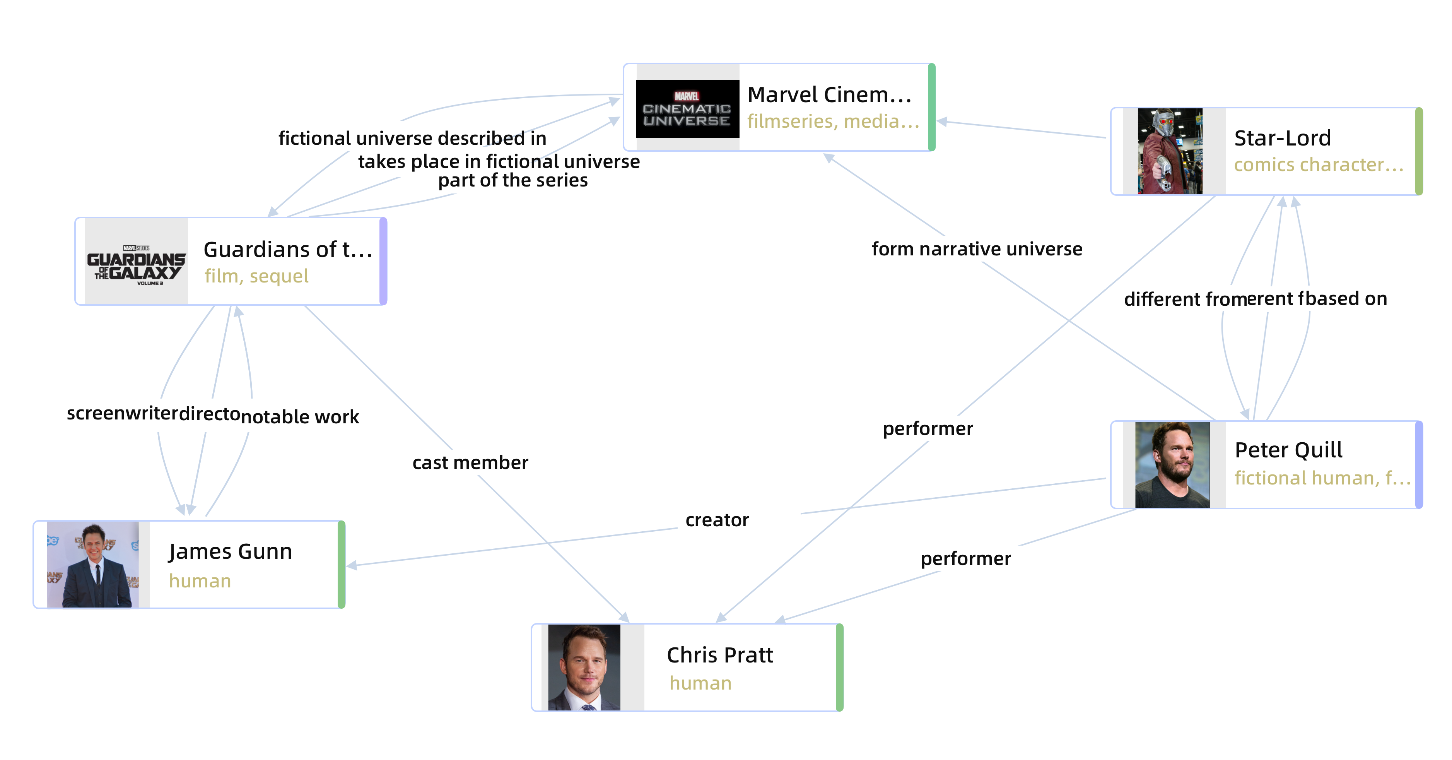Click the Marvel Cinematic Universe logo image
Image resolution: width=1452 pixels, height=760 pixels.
coord(687,108)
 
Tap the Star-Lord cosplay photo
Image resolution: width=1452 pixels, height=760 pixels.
coord(1170,151)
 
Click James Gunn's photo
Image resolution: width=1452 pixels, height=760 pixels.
coord(93,564)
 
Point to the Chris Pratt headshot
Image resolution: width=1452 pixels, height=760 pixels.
coord(584,667)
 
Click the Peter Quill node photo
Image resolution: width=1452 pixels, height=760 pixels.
coord(1172,465)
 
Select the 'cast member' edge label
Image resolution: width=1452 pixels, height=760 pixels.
coord(470,463)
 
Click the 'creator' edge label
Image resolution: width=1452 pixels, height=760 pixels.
coord(717,520)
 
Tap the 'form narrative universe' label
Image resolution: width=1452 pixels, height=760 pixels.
coord(977,249)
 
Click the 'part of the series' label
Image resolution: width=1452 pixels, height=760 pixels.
coord(513,180)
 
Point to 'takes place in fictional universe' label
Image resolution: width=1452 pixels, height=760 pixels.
coord(499,162)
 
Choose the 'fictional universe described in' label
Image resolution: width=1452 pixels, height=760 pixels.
coord(412,138)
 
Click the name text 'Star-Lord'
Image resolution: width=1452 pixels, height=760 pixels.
coord(1282,138)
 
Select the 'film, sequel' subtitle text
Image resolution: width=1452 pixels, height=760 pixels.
coord(256,276)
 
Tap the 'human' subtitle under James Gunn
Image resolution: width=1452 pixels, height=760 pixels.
coord(200,581)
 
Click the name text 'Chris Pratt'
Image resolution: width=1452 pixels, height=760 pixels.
coord(720,655)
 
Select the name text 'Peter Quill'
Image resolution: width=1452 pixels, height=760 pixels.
coord(1288,450)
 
